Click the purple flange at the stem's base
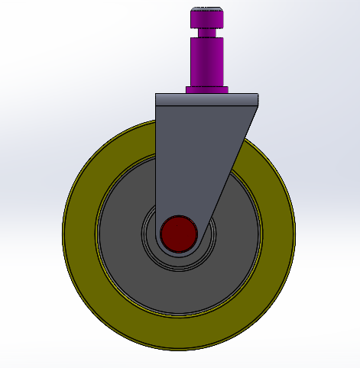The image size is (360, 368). coord(207,89)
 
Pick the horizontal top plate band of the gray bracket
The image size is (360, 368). coord(207,100)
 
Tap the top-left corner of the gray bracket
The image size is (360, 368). coord(157,95)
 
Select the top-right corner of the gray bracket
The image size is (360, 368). coord(258,95)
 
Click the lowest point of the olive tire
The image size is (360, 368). coord(179,348)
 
